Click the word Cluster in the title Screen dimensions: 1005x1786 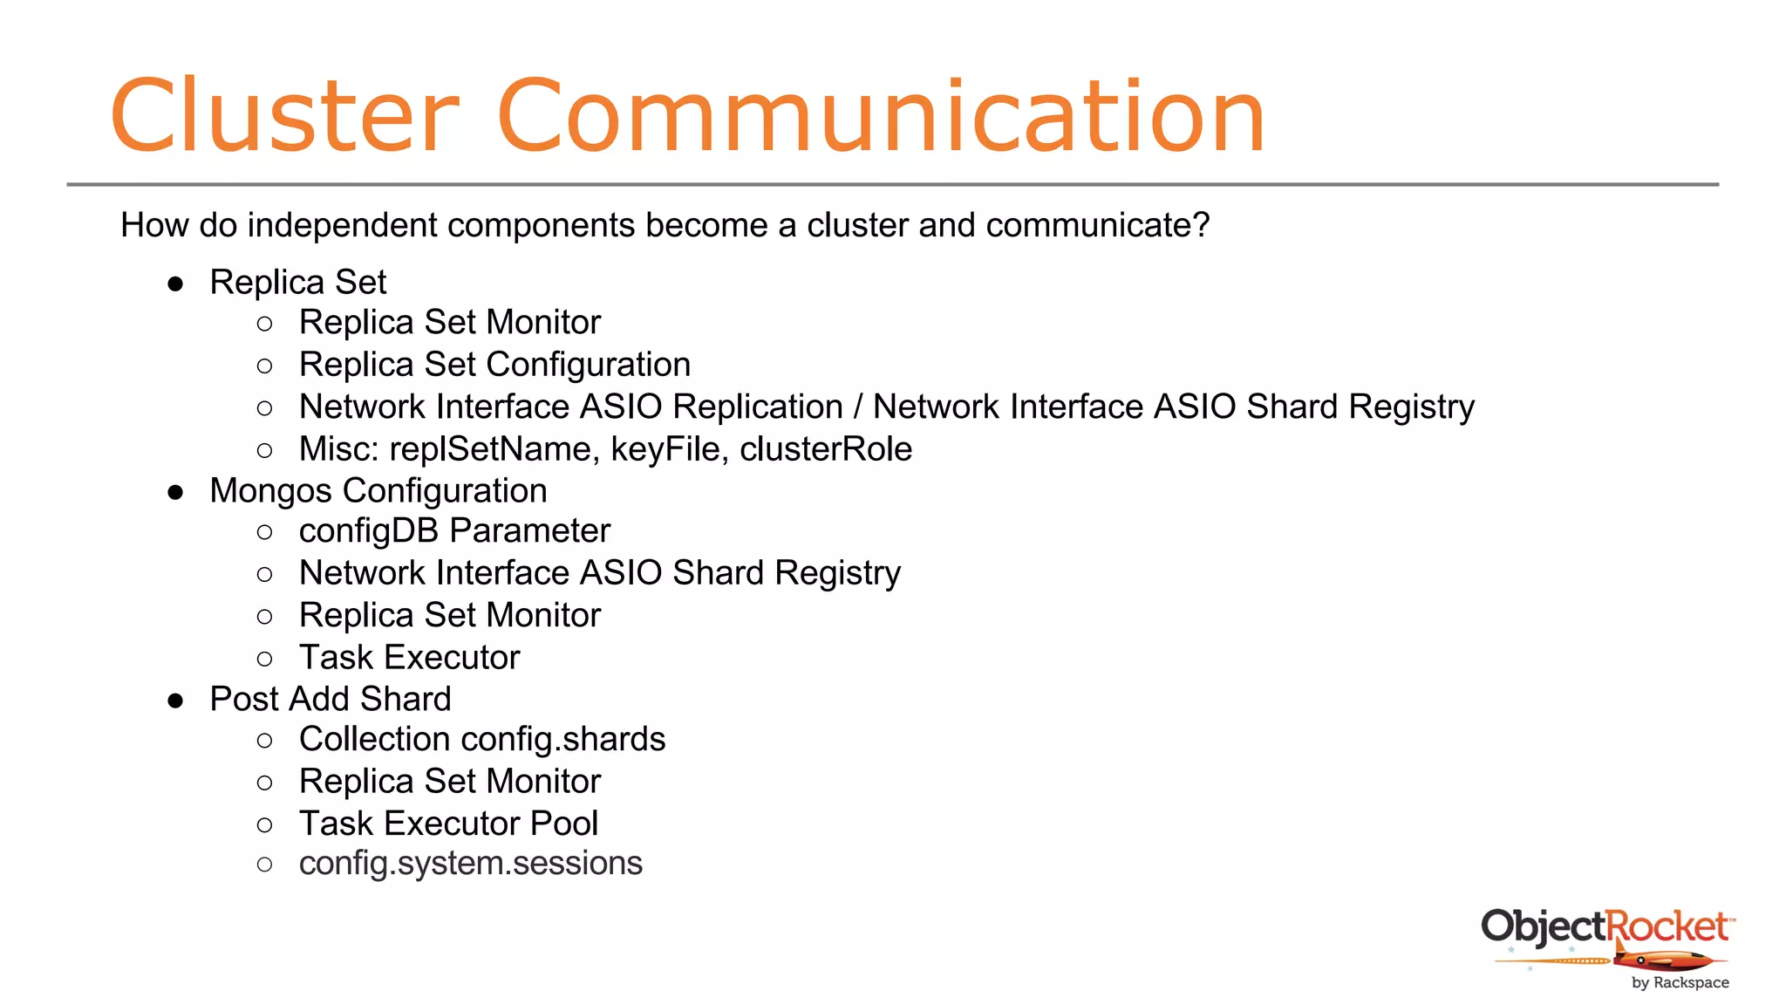[284, 116]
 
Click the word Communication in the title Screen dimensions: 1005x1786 [881, 116]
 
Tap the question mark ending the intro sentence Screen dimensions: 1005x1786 [1201, 225]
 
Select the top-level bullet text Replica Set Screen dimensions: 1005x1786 [297, 283]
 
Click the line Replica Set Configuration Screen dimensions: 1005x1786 [494, 365]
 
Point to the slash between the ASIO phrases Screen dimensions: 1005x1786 [858, 407]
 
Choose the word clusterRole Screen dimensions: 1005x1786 [825, 449]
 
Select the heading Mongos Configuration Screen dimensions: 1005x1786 [378, 491]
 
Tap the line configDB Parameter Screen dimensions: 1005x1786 [454, 531]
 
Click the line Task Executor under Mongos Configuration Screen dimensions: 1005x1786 [409, 658]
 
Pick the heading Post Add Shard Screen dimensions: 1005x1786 [331, 700]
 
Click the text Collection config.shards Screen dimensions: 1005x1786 [482, 740]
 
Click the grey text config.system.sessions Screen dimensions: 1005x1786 [470, 864]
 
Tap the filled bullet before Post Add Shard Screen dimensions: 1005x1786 [176, 701]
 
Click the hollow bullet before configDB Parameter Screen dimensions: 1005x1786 [265, 532]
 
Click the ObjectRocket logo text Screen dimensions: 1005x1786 [1605, 926]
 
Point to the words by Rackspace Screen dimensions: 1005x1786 [1680, 982]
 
